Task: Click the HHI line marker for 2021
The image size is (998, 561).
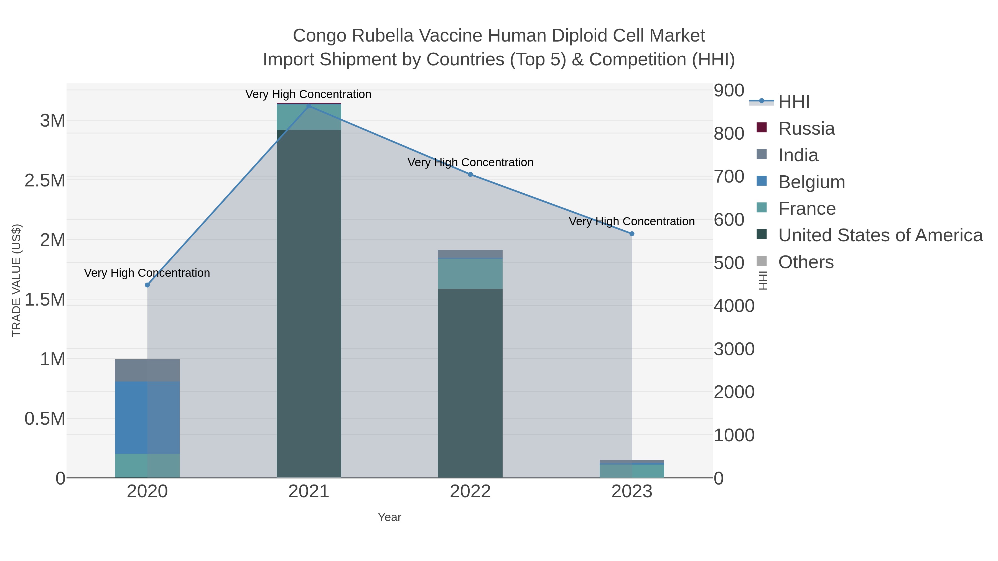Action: point(309,106)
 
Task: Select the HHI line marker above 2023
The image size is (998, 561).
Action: point(632,234)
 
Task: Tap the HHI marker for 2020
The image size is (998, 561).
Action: point(147,285)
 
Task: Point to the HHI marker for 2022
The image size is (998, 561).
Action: point(470,175)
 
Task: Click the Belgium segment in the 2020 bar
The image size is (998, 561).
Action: point(147,417)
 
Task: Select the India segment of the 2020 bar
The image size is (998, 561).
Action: point(147,370)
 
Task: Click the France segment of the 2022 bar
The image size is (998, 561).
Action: point(470,273)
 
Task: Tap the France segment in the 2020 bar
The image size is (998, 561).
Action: point(147,466)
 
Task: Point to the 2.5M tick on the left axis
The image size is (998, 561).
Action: point(45,180)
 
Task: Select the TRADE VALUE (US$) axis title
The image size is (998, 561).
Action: point(17,280)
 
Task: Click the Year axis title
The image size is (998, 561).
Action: point(389,517)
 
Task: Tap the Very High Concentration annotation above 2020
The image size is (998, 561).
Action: point(147,273)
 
